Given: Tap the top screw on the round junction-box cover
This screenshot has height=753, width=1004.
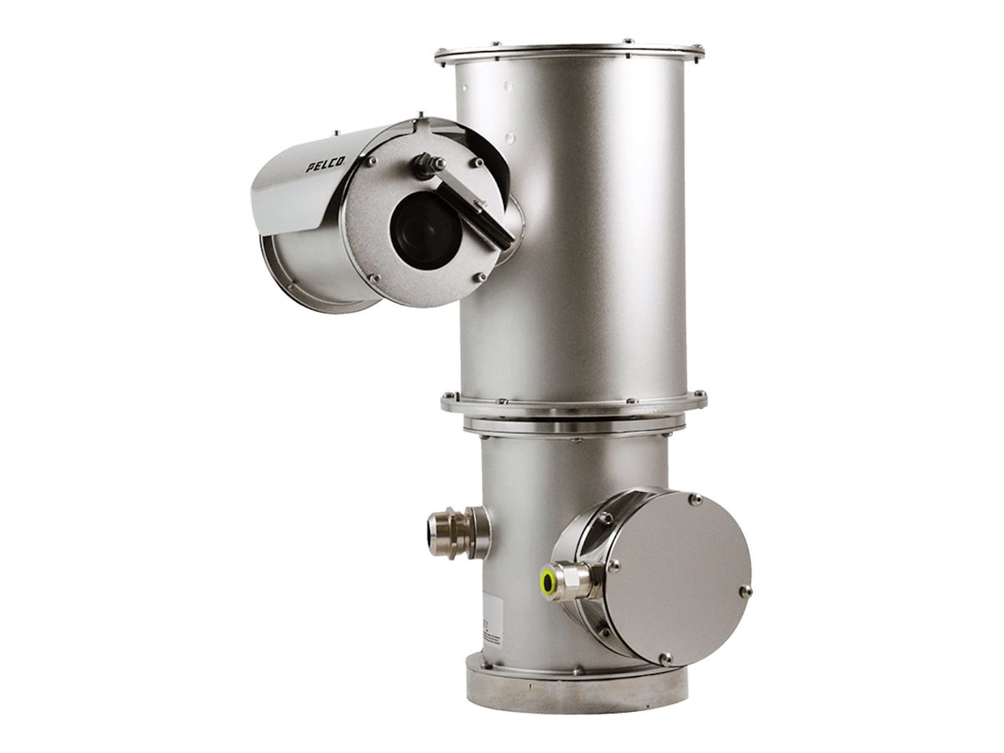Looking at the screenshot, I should click(x=694, y=499).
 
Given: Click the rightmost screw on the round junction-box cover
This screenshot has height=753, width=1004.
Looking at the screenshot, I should click(x=745, y=591).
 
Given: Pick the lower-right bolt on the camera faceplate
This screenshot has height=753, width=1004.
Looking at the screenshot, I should click(x=479, y=276).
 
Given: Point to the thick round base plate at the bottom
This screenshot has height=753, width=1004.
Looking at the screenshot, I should click(x=577, y=690).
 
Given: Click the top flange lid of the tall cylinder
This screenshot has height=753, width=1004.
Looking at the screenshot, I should click(x=569, y=52).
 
